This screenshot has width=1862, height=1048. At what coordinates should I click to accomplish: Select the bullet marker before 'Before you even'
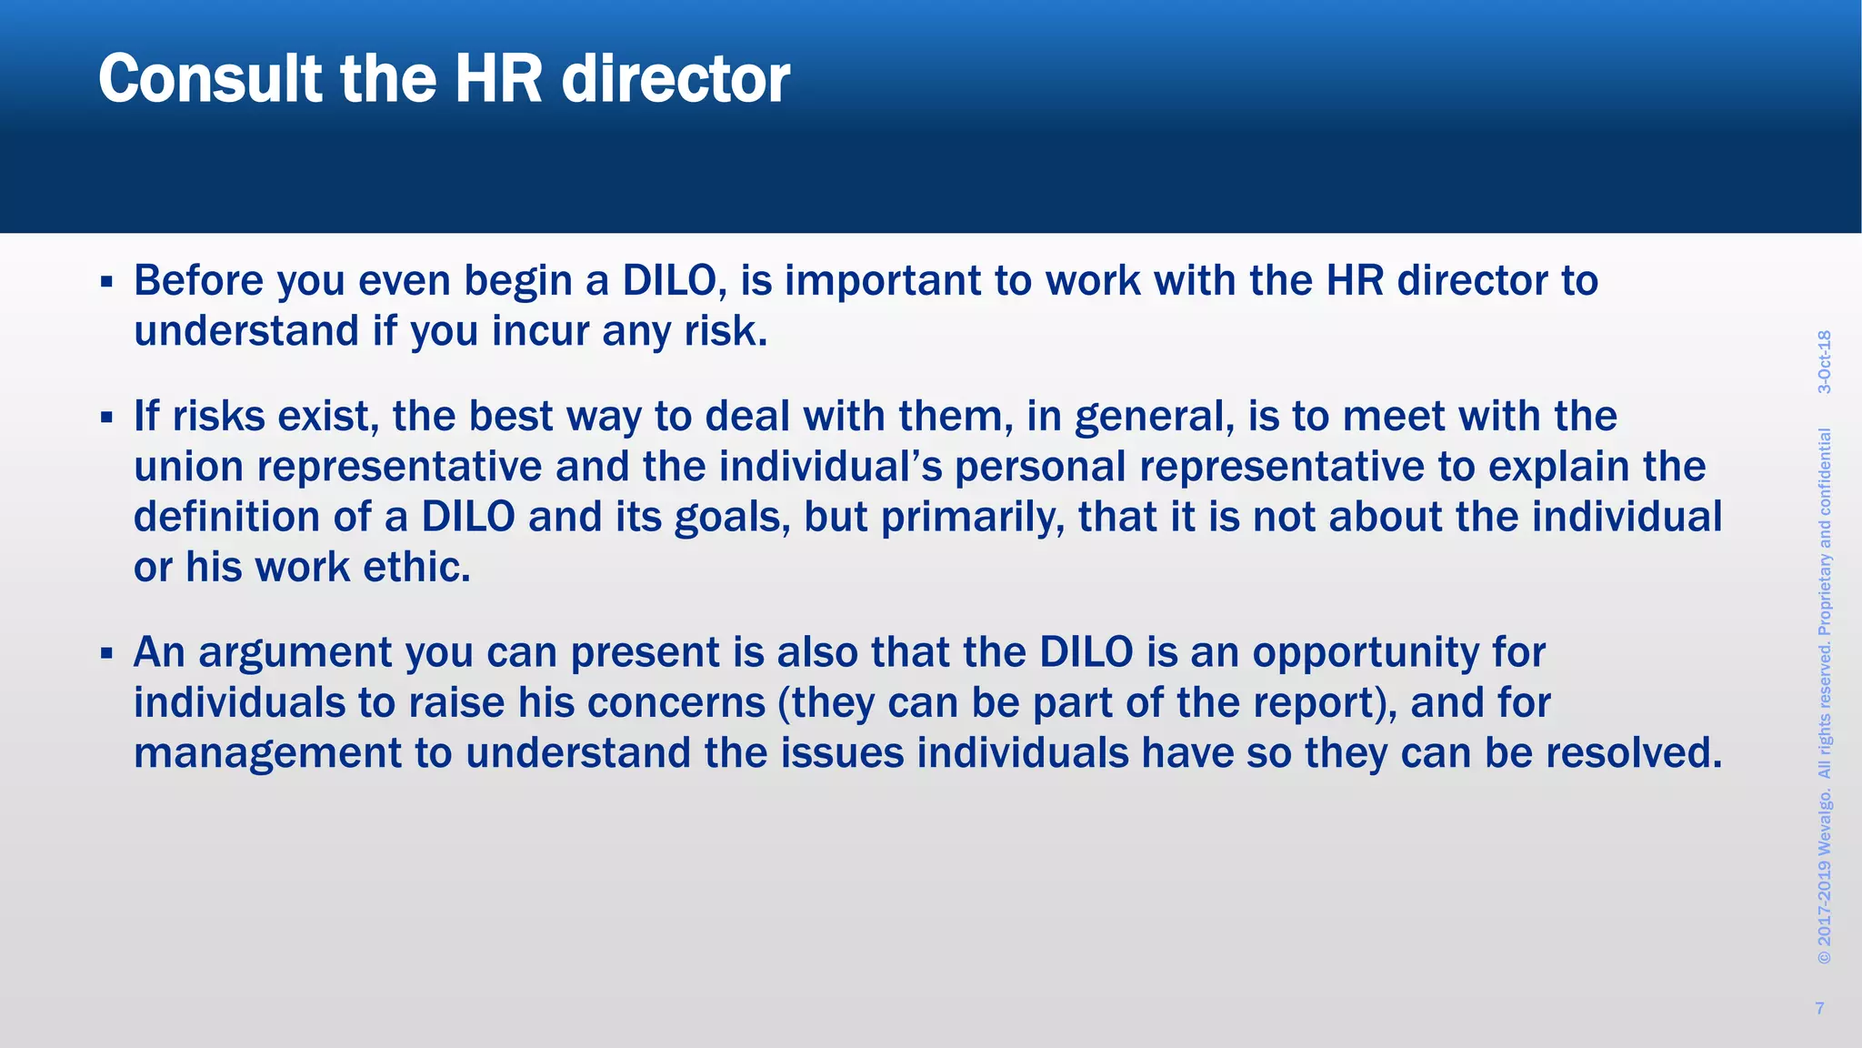pyautogui.click(x=106, y=282)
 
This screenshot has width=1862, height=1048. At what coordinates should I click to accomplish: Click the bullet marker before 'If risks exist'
pyautogui.click(x=106, y=418)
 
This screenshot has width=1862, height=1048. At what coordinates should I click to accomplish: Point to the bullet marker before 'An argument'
pyautogui.click(x=106, y=653)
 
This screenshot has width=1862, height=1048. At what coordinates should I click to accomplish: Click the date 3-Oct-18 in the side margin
pyautogui.click(x=1824, y=362)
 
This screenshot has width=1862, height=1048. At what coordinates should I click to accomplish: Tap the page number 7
pyautogui.click(x=1819, y=1008)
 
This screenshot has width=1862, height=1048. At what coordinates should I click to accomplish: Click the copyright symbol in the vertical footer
pyautogui.click(x=1824, y=958)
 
